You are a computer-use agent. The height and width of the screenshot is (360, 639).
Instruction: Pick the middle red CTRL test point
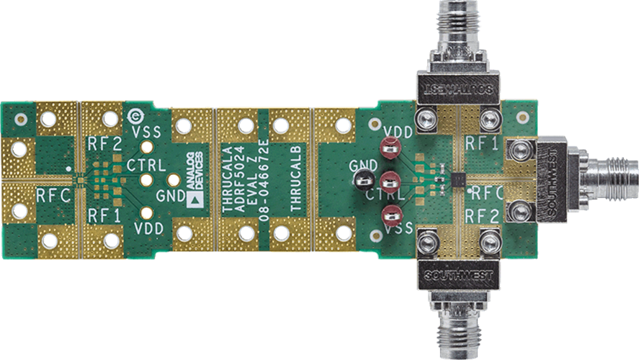pos(390,181)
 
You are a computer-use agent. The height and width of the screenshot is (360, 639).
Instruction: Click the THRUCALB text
pos(296,178)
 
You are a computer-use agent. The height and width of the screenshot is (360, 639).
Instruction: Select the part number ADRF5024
pos(240,179)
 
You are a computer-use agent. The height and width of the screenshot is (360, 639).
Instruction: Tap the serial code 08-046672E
pos(264,180)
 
